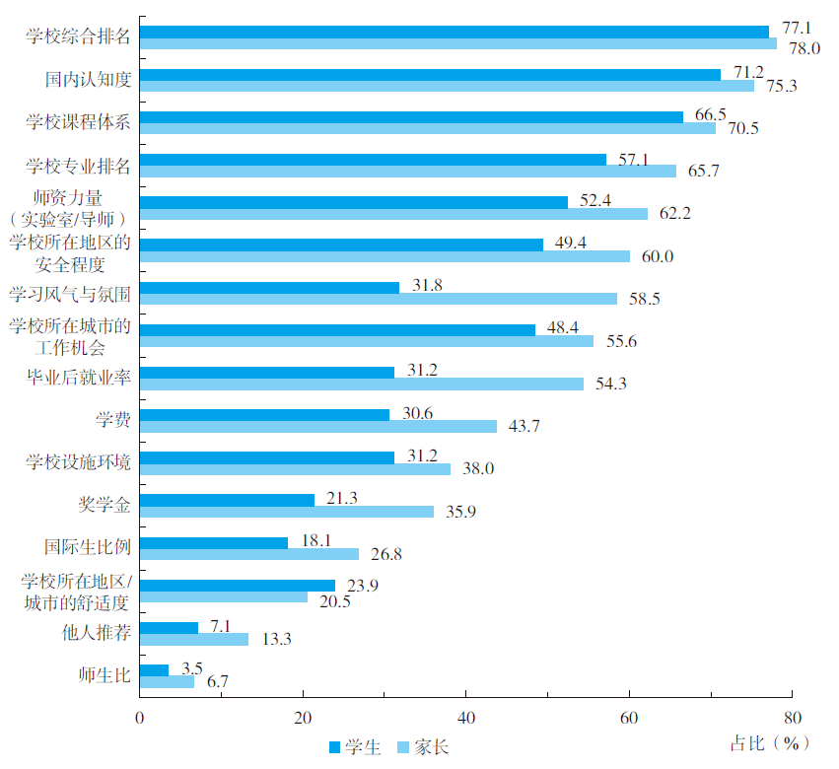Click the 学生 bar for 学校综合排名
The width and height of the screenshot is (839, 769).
pos(454,32)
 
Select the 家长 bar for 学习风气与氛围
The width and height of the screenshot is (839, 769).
pos(379,299)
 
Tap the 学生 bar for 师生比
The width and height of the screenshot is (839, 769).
pos(154,669)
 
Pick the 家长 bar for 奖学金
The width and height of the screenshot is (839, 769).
pos(287,512)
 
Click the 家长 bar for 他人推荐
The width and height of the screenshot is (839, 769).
pos(194,639)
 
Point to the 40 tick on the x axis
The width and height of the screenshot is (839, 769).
pos(466,717)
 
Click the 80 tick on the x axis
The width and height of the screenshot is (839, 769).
pos(793,717)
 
